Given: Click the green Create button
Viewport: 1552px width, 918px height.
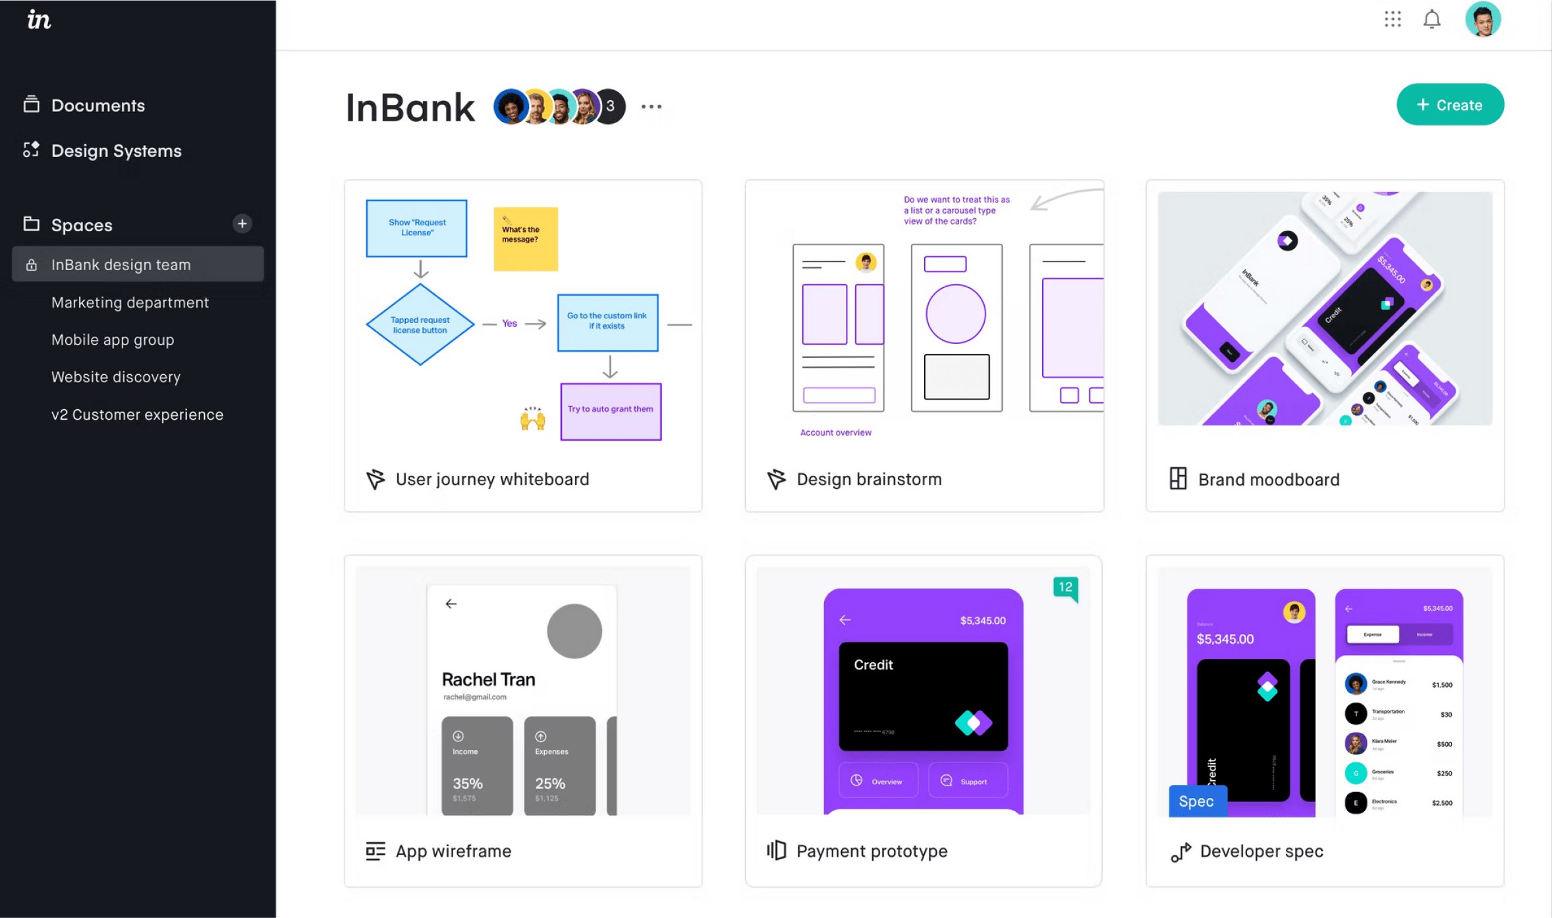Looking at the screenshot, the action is [x=1449, y=105].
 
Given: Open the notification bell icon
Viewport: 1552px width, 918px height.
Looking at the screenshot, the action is [x=1431, y=20].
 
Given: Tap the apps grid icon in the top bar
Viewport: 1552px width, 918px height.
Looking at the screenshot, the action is [x=1392, y=20].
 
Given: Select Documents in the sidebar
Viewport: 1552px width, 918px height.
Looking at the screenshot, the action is [x=97, y=105].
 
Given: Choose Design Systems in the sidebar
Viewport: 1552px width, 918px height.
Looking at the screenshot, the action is [x=116, y=151].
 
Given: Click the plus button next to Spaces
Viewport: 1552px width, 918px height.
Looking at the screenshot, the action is [x=242, y=224].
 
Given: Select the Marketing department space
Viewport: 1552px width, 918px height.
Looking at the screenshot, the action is [x=130, y=302].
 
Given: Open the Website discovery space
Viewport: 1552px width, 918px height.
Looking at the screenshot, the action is [x=116, y=377].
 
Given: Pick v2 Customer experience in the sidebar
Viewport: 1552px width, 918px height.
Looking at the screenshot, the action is [x=137, y=415].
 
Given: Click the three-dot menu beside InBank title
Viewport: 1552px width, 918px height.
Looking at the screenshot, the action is [x=651, y=106].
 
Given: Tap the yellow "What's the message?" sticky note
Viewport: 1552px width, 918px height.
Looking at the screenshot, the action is [x=525, y=239].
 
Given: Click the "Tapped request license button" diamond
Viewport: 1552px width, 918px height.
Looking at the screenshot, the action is [x=420, y=324].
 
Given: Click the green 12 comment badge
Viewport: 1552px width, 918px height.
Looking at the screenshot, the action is [x=1065, y=587].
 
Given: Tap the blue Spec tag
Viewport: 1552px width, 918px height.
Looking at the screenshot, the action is [x=1196, y=801].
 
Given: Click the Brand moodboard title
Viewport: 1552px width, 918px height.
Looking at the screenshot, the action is [x=1268, y=480].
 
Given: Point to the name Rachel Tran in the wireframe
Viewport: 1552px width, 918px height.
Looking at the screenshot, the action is [x=488, y=679].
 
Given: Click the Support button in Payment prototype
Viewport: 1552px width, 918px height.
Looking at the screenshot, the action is [x=967, y=781].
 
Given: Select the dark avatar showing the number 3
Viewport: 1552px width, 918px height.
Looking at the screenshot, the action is [x=611, y=106].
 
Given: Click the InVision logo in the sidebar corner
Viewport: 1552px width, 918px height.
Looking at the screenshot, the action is [x=39, y=20].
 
